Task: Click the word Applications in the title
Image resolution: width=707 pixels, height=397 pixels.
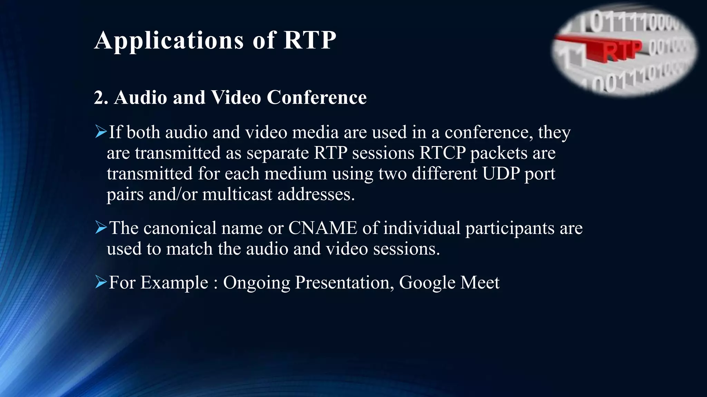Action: pyautogui.click(x=169, y=41)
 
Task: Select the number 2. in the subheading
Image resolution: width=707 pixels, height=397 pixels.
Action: pyautogui.click(x=101, y=98)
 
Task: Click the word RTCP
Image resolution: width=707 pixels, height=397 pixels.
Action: pyautogui.click(x=442, y=153)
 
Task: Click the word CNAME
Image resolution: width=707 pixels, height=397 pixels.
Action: pyautogui.click(x=322, y=228)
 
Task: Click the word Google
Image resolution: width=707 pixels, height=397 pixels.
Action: pyautogui.click(x=427, y=283)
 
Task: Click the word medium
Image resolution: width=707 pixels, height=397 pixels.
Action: pyautogui.click(x=296, y=173)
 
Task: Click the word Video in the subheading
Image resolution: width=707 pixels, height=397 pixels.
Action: pyautogui.click(x=236, y=98)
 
